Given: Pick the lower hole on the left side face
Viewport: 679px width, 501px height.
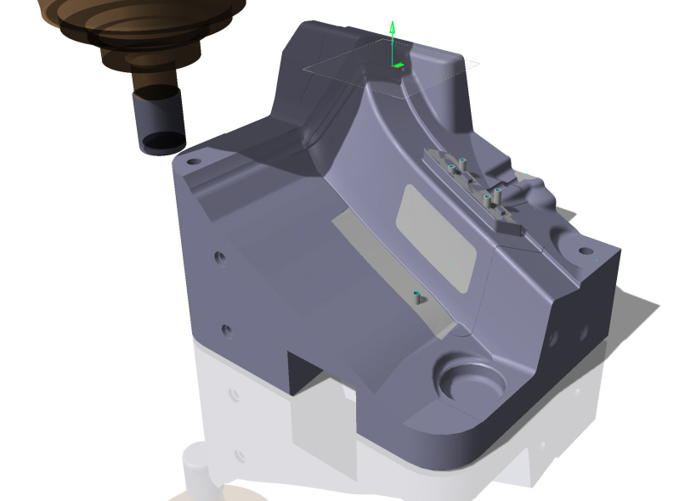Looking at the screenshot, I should pyautogui.click(x=226, y=329).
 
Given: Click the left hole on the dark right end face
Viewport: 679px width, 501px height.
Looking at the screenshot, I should pyautogui.click(x=553, y=338).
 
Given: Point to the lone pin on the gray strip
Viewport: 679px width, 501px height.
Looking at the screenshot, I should pyautogui.click(x=417, y=297).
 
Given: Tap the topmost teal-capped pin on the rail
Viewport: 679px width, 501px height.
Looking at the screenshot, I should pyautogui.click(x=463, y=162).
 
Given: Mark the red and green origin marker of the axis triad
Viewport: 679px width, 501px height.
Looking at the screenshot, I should pyautogui.click(x=397, y=65).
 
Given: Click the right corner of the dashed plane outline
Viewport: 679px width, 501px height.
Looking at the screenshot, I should pyautogui.click(x=479, y=63).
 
